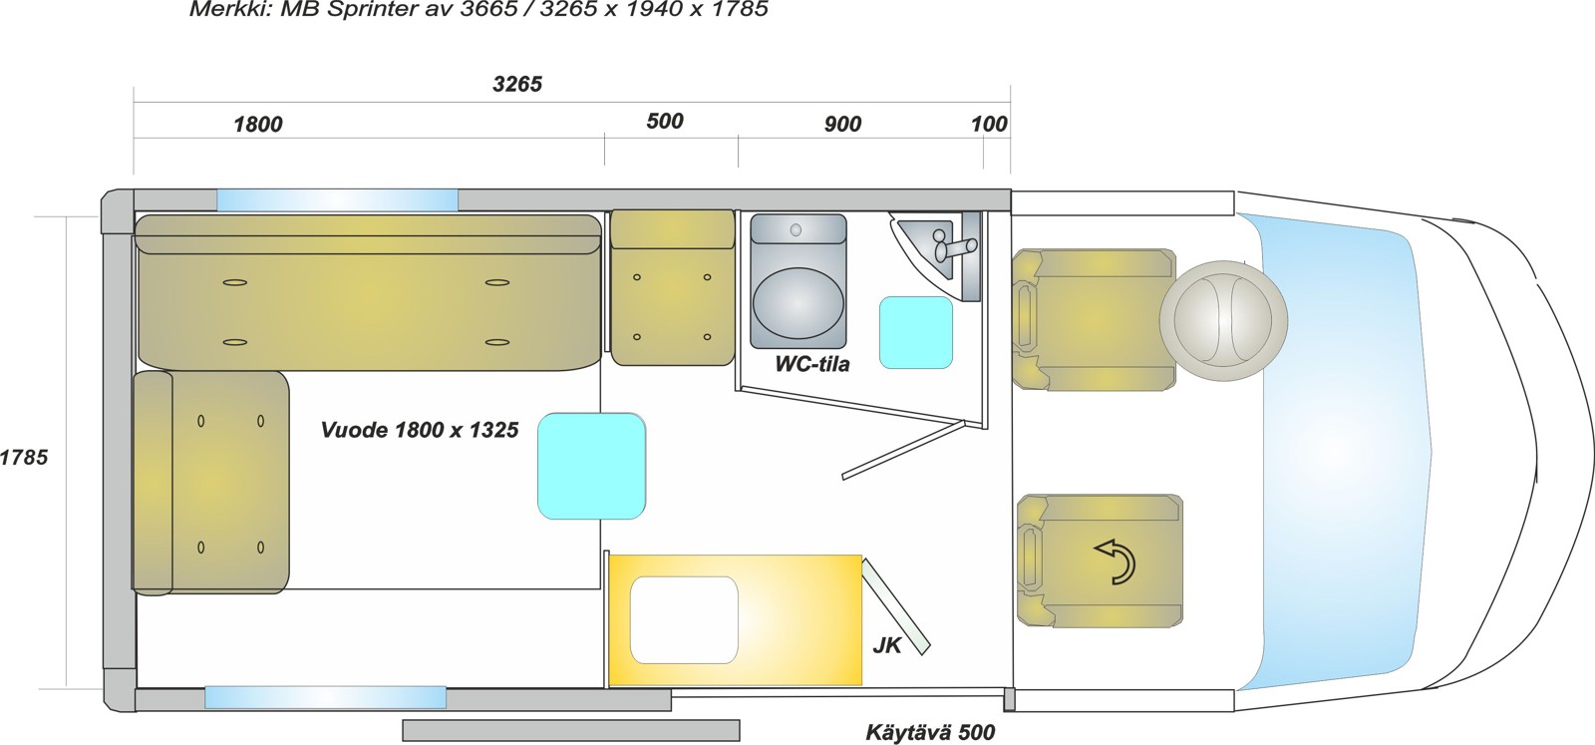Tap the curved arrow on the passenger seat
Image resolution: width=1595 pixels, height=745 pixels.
click(x=1116, y=561)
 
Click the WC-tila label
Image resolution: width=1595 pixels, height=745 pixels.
click(x=811, y=364)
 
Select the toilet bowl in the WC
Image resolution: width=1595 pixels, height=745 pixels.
click(x=798, y=302)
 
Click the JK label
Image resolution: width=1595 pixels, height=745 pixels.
click(x=887, y=645)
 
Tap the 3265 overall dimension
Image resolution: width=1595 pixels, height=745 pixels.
click(x=517, y=84)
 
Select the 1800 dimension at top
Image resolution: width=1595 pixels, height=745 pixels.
click(x=258, y=125)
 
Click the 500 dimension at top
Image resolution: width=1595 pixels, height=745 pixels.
click(x=665, y=121)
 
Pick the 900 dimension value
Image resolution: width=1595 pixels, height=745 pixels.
click(x=843, y=124)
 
